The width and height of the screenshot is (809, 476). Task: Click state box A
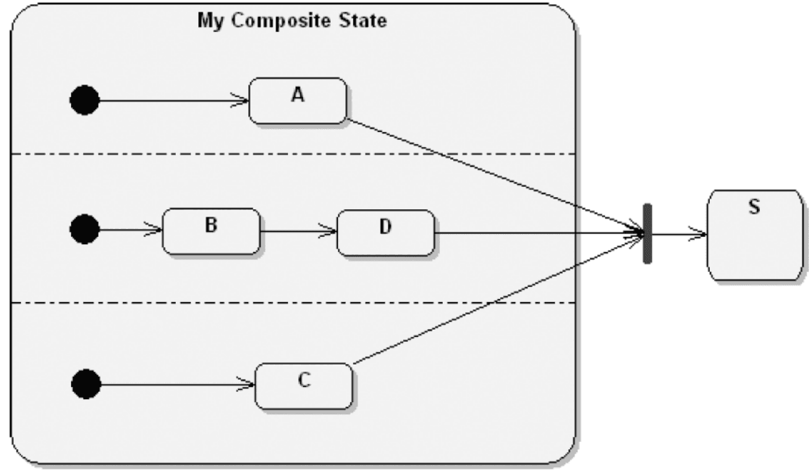point(297,101)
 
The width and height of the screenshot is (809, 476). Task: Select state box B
point(211,231)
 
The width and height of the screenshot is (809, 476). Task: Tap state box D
point(386,233)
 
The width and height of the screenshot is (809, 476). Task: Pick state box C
point(304,385)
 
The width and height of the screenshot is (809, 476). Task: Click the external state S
point(754,235)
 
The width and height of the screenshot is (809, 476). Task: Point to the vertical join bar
point(647,233)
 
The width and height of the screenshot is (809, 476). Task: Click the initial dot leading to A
point(84,100)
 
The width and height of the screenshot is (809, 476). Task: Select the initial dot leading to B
point(84,230)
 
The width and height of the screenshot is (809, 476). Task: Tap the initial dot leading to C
point(86,383)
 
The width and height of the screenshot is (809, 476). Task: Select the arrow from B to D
point(297,233)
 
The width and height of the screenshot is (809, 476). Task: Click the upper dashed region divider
point(289,154)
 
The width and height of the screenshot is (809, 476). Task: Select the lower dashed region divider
point(289,303)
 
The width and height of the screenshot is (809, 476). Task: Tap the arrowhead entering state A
point(243,101)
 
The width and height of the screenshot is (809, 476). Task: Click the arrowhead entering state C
point(250,385)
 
